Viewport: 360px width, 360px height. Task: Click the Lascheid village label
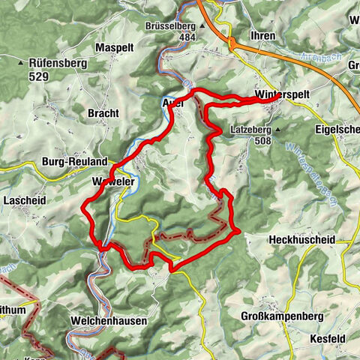click(x=25, y=202)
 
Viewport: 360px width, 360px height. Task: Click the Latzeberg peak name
click(x=250, y=128)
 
